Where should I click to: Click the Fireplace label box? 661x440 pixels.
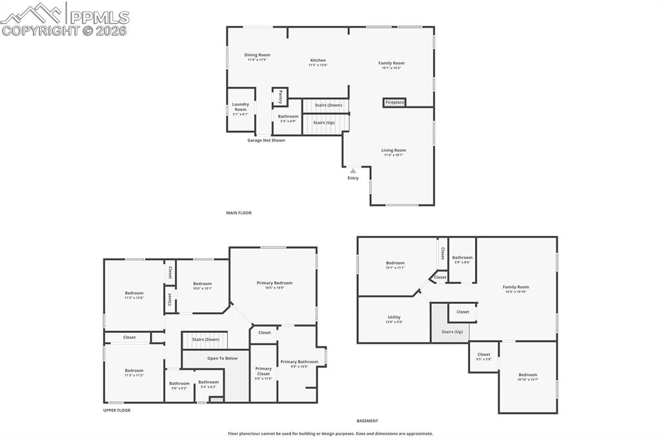click(394, 103)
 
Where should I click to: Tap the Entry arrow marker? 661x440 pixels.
click(352, 171)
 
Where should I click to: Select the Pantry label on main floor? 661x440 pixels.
click(280, 97)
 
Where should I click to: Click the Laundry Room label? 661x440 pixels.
click(240, 107)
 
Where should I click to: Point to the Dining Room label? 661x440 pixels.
click(257, 55)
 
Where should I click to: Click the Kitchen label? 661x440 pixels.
click(318, 61)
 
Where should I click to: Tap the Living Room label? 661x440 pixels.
click(393, 150)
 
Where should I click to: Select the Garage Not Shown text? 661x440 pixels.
click(266, 140)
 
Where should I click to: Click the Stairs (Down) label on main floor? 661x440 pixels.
click(328, 105)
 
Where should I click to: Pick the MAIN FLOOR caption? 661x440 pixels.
click(238, 213)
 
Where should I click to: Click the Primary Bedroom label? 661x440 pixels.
click(274, 283)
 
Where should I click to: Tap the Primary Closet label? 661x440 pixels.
click(263, 371)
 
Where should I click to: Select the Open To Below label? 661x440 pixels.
click(222, 358)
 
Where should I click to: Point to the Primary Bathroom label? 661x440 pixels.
click(299, 362)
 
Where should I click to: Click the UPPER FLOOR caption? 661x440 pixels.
click(117, 410)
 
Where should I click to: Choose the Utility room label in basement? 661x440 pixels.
click(394, 317)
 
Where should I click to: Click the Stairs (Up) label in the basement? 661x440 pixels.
click(452, 332)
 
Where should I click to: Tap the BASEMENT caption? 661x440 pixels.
click(367, 421)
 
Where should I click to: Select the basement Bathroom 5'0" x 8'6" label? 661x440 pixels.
click(462, 258)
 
